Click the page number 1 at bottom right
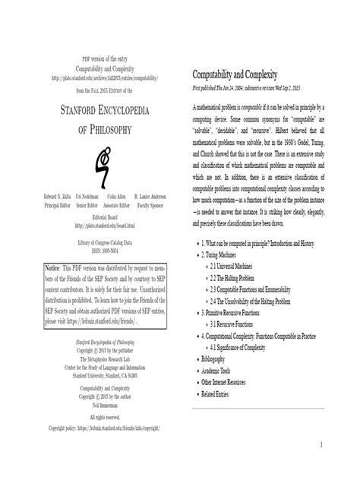click(323, 444)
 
